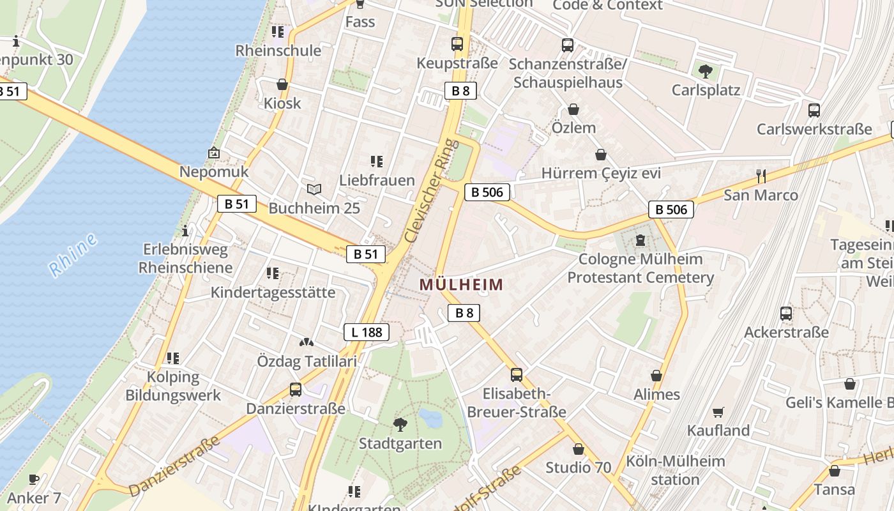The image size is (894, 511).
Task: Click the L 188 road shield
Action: point(366,332)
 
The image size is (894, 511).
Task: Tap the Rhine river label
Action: point(73,255)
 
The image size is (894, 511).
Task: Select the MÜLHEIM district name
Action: point(462,285)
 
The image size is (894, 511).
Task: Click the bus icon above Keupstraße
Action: point(457,44)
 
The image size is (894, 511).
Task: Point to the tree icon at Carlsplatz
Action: point(706,71)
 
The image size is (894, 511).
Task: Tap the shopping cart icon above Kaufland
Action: point(718,412)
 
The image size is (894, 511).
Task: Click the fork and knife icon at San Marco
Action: point(761,176)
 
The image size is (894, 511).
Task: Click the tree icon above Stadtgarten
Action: point(400,424)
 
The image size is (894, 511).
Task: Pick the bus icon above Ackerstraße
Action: point(786,314)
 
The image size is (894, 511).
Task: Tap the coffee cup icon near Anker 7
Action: point(34,479)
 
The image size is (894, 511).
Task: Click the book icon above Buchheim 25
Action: point(314,189)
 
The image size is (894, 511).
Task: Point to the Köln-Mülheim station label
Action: point(676,470)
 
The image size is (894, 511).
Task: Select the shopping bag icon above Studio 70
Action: point(579,449)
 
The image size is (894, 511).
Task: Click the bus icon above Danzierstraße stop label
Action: point(296,389)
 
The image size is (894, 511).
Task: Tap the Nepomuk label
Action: point(214,172)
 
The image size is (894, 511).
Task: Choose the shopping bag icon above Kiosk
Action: point(282,84)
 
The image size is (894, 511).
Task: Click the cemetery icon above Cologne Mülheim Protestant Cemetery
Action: point(640,240)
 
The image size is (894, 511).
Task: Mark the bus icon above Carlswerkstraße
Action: point(814,110)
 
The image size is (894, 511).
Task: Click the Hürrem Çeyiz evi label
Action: point(601,173)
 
